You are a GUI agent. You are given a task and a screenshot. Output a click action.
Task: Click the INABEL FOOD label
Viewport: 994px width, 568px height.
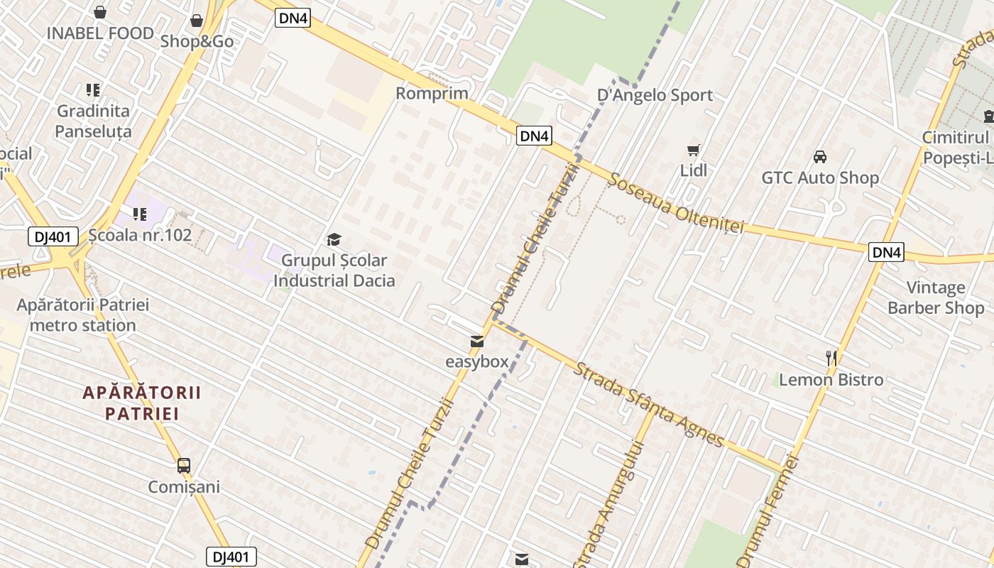pyautogui.click(x=100, y=33)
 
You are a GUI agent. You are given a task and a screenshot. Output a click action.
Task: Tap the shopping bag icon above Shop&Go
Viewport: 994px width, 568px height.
pyautogui.click(x=197, y=21)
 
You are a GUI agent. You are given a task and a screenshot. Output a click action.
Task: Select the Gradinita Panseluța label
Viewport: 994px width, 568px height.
pyautogui.click(x=93, y=121)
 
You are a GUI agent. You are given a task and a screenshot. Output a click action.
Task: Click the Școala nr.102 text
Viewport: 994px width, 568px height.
pyautogui.click(x=141, y=235)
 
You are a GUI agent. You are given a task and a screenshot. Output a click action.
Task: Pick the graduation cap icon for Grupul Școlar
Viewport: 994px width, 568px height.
pyautogui.click(x=334, y=240)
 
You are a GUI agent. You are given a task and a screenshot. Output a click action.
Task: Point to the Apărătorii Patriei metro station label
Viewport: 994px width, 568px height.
pyautogui.click(x=83, y=315)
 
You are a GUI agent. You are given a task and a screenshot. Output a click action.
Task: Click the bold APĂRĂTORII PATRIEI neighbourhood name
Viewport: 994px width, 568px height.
pyautogui.click(x=142, y=403)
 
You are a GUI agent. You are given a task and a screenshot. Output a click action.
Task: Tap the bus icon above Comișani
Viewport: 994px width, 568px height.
pyautogui.click(x=184, y=466)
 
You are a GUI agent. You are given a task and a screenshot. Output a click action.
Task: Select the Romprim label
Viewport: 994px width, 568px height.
pyautogui.click(x=432, y=93)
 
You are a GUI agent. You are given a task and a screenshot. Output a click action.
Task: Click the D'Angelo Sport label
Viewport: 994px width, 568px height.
pyautogui.click(x=655, y=95)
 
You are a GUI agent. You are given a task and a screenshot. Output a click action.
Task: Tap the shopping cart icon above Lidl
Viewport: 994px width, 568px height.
pyautogui.click(x=694, y=150)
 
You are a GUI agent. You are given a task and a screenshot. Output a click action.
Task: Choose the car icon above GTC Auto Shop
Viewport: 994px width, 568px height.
pyautogui.click(x=820, y=156)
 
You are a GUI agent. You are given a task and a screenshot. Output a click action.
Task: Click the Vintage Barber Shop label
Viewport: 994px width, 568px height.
pyautogui.click(x=936, y=297)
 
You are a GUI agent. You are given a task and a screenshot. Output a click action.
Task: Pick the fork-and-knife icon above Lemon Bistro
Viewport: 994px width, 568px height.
pyautogui.click(x=831, y=359)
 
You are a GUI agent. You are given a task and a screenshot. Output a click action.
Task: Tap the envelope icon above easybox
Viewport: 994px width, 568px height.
pyautogui.click(x=477, y=342)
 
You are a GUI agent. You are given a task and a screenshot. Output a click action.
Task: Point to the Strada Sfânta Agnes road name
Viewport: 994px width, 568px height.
pyautogui.click(x=649, y=405)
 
